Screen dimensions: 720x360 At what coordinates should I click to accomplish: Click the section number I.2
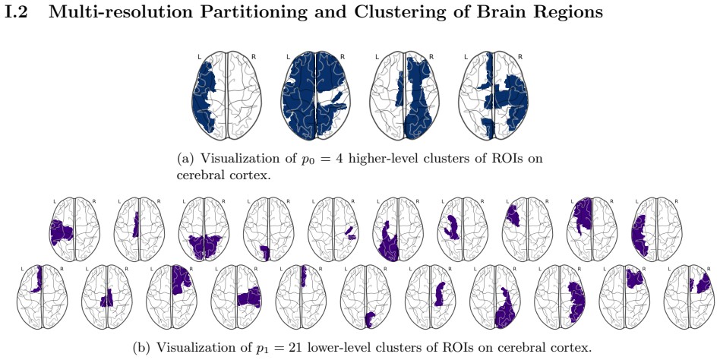point(16,12)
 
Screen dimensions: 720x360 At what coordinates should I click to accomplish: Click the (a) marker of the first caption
point(186,159)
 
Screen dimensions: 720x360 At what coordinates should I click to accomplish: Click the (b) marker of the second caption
point(141,348)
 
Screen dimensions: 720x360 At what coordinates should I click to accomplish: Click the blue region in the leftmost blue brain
point(203,99)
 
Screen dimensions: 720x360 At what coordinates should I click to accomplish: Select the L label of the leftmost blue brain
point(200,57)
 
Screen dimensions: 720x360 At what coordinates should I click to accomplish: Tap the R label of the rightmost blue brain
point(520,57)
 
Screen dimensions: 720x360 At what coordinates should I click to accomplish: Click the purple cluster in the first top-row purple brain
point(62,232)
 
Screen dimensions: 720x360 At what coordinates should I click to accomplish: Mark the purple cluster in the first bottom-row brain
point(38,279)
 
